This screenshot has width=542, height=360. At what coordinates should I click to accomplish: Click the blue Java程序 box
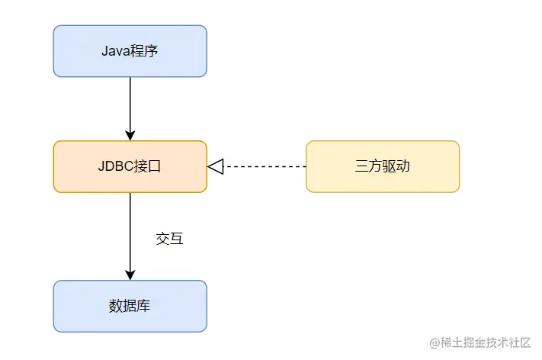tap(130, 51)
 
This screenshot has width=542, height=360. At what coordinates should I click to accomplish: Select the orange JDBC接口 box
tap(130, 166)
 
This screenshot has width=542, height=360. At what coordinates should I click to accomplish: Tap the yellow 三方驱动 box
tap(383, 166)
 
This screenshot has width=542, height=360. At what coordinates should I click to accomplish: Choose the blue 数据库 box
tap(130, 307)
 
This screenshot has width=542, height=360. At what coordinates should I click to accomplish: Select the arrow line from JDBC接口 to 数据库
tap(130, 229)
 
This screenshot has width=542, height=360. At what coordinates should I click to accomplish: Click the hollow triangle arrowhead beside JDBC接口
tap(215, 166)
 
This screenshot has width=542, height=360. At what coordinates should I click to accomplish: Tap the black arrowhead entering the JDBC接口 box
tap(130, 135)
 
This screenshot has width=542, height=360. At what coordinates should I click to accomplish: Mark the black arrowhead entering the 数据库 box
tap(130, 275)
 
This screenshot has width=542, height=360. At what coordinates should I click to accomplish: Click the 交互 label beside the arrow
tap(169, 239)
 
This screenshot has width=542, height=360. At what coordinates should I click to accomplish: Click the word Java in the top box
tap(114, 51)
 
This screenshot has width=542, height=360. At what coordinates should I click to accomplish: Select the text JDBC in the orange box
tap(115, 166)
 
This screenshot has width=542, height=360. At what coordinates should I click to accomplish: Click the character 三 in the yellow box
tap(362, 166)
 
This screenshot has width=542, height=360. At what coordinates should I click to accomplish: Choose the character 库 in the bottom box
tap(143, 307)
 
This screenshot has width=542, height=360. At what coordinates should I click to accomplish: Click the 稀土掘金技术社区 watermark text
tap(488, 343)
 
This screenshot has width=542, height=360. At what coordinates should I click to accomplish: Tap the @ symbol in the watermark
tap(435, 343)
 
